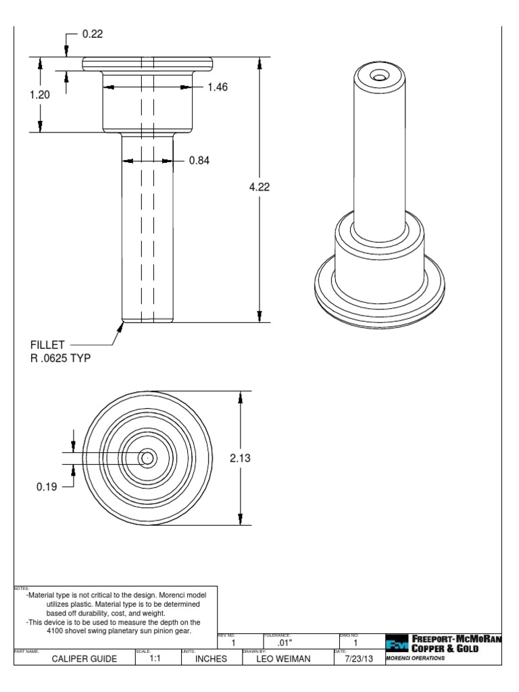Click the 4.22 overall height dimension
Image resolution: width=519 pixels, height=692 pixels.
[x=259, y=187]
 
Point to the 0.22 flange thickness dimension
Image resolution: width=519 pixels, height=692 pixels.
[x=93, y=34]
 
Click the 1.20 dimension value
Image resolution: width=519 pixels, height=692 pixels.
[x=40, y=95]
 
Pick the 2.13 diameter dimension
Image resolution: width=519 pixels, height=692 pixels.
[x=240, y=458]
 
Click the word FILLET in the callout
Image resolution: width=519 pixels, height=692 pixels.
[x=45, y=345]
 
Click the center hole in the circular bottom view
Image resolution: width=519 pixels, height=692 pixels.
[x=147, y=458]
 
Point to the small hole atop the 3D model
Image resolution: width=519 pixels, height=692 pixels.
[x=381, y=78]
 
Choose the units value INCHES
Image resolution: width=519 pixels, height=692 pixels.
[x=210, y=659]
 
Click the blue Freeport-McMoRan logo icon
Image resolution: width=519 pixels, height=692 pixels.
[x=395, y=644]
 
